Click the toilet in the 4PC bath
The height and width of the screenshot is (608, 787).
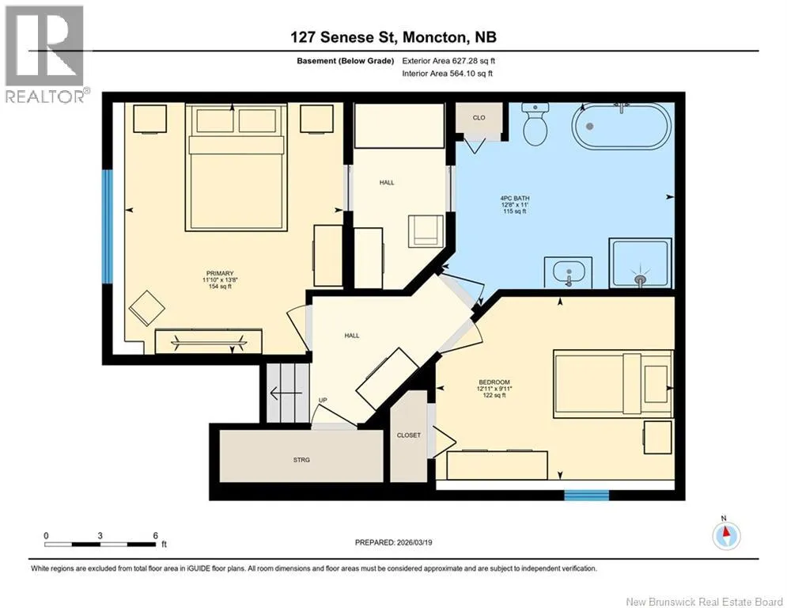click(x=535, y=123)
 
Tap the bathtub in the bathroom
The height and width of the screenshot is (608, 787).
click(x=622, y=126)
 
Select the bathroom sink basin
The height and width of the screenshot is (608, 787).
click(x=568, y=273)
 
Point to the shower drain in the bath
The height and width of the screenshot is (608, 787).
click(x=640, y=279)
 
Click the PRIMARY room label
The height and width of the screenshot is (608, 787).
click(x=220, y=273)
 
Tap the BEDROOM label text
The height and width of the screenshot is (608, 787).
click(x=494, y=382)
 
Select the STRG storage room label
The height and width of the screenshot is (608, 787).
click(x=301, y=460)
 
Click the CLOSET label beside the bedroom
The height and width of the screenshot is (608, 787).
click(x=409, y=435)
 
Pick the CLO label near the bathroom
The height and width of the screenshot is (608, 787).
click(x=479, y=118)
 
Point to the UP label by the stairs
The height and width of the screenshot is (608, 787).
click(x=323, y=400)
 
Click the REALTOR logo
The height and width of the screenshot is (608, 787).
click(x=45, y=54)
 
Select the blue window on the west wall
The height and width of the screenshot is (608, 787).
click(x=108, y=226)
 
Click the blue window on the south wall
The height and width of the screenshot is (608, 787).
click(x=587, y=496)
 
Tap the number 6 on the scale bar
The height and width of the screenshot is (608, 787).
click(x=156, y=536)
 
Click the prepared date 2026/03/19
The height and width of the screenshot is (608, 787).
click(x=414, y=542)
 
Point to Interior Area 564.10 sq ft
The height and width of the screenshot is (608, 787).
click(x=447, y=74)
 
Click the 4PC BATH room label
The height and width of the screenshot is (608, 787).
click(x=515, y=199)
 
